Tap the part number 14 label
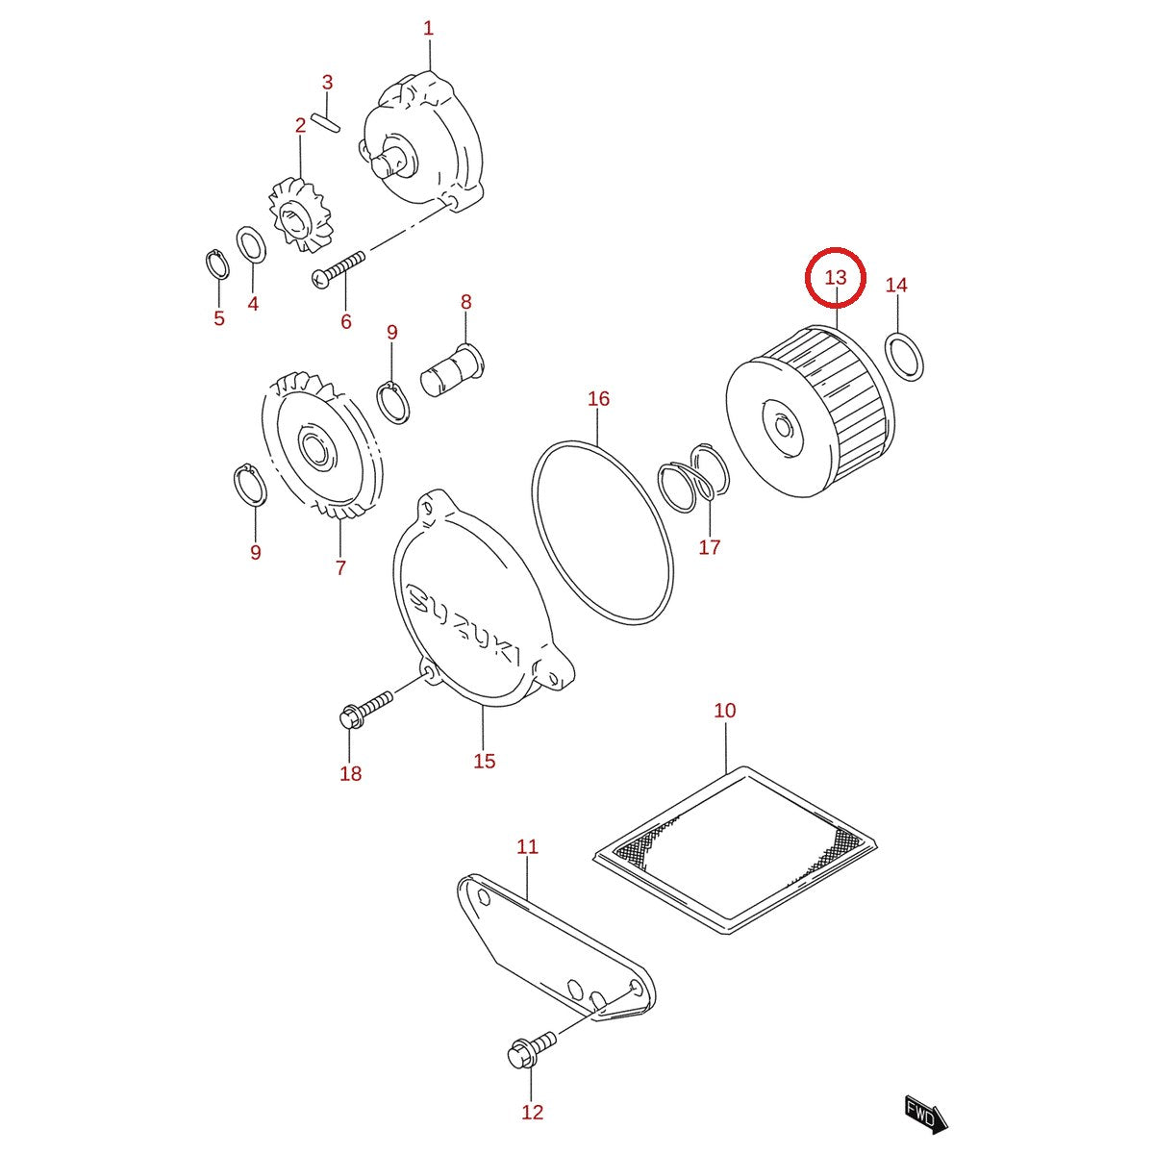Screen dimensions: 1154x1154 pos(896,285)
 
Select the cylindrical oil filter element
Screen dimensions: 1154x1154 pos(810,411)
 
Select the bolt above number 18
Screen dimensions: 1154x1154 pos(365,706)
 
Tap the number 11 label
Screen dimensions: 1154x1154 pos(527,847)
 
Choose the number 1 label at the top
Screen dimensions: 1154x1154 pos(428,28)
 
